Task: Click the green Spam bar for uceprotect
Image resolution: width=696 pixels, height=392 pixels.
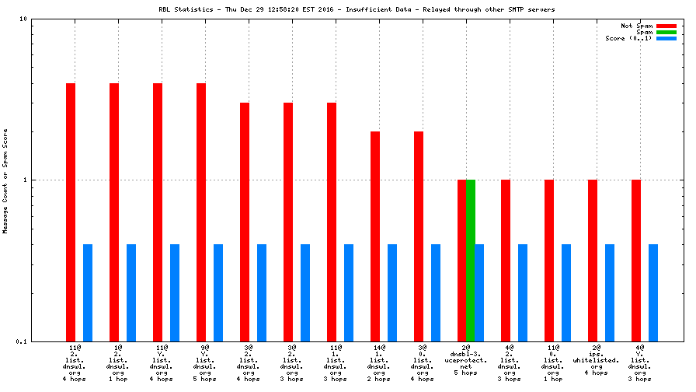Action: (470, 261)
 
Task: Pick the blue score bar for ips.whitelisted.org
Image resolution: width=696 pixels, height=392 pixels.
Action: (610, 292)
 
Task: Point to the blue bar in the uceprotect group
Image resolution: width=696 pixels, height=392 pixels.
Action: (479, 292)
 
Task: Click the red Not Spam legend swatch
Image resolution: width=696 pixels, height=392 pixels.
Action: (666, 26)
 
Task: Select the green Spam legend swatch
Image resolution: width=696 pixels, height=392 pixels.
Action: (666, 32)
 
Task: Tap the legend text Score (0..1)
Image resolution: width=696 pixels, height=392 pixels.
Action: (628, 38)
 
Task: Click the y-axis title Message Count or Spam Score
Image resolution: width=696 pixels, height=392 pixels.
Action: (5, 180)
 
